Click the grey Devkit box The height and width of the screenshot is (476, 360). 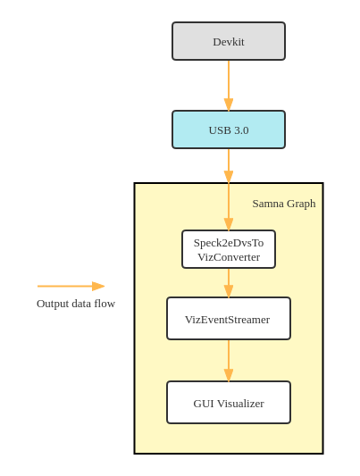pos(229,41)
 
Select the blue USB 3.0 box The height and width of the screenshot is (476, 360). pos(229,129)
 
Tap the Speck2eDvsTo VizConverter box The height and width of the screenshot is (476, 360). pos(229,249)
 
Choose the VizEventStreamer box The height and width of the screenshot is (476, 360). pos(229,319)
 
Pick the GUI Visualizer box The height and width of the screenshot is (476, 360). pos(229,402)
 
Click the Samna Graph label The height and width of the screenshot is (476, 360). pos(284,204)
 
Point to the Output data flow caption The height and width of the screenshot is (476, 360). pos(76,304)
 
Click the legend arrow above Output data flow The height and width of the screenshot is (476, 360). pos(71,287)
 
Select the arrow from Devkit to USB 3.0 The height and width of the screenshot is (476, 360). pos(229,86)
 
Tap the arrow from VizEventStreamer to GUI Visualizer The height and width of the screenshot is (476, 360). pos(229,360)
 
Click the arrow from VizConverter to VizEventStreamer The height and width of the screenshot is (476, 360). pos(229,283)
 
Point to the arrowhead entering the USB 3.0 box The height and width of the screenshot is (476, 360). pos(229,104)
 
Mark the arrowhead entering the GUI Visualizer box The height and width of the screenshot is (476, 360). pos(229,375)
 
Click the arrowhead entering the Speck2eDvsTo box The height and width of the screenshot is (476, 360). pos(229,224)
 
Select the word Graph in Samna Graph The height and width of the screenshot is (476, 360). pos(301,204)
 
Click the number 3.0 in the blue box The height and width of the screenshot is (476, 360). pos(241,130)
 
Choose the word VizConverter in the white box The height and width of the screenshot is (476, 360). pos(229,257)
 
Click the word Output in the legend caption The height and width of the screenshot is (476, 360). pos(53,304)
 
